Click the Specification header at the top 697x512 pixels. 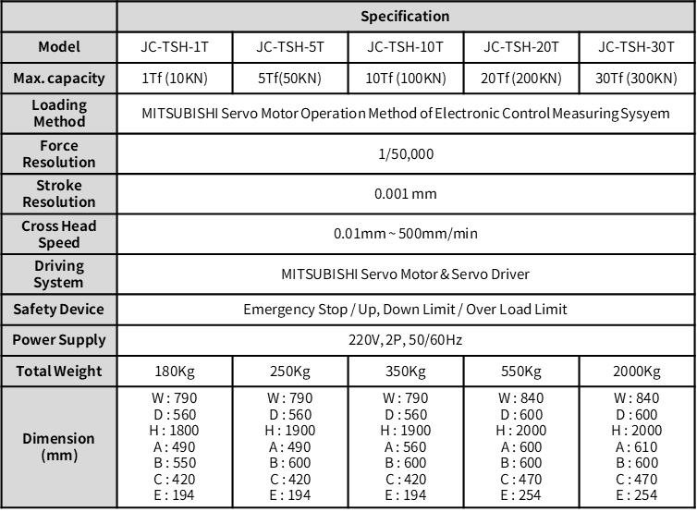coord(405,17)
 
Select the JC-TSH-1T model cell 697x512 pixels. coord(174,47)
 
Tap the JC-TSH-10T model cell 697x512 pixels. coord(405,47)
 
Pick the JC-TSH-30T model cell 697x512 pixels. coord(637,47)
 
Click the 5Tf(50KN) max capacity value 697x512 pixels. coord(289,78)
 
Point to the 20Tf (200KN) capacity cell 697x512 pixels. coord(520,78)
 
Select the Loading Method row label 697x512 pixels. coord(59,114)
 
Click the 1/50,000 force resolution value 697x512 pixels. coord(405,154)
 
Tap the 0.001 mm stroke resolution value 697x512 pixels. coord(405,194)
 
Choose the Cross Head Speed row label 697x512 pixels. coord(59,234)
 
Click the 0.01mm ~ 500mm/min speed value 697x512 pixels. coord(405,234)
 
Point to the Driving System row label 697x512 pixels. coord(59,274)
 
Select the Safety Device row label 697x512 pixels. coord(59,309)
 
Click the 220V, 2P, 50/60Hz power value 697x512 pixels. coord(405,340)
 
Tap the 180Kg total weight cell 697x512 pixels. coord(174,372)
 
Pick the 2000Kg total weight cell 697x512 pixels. coord(637,372)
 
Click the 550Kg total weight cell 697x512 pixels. coord(520,372)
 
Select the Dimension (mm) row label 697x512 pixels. coord(59,446)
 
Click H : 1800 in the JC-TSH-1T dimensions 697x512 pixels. coord(174,431)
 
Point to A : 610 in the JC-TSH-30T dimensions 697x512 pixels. coord(637,446)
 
